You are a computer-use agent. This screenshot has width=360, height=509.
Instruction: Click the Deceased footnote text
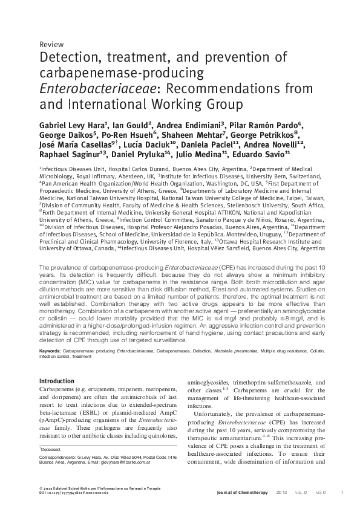53,450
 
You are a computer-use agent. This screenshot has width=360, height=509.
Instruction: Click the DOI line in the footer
75,493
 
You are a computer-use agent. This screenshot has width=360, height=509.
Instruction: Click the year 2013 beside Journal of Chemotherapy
281,493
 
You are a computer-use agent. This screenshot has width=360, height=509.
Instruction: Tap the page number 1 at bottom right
342,493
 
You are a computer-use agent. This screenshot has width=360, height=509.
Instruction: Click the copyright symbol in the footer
41,488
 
